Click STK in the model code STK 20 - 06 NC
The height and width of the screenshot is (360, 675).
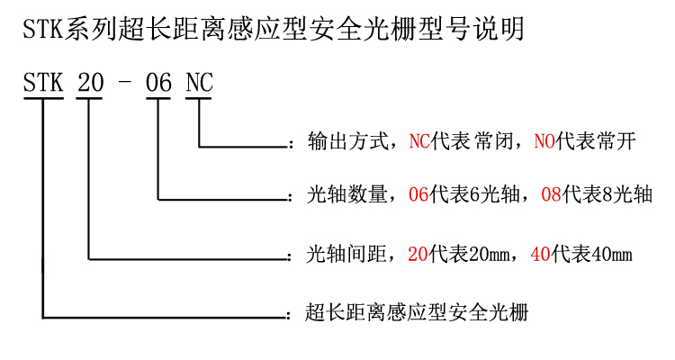(43, 82)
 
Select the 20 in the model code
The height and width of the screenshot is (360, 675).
(90, 82)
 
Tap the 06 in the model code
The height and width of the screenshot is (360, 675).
(158, 82)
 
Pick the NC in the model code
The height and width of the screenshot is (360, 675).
(199, 82)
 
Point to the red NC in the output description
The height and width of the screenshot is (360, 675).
(419, 141)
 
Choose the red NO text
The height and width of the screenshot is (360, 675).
(544, 141)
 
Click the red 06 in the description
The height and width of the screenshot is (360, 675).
(418, 194)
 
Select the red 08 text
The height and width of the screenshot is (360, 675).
(552, 194)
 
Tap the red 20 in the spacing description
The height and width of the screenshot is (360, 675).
(418, 254)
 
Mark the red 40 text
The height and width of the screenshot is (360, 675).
(541, 254)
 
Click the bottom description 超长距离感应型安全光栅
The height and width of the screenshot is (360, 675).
(417, 312)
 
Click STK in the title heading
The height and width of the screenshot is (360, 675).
(43, 30)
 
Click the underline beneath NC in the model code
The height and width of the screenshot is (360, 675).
(199, 99)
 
